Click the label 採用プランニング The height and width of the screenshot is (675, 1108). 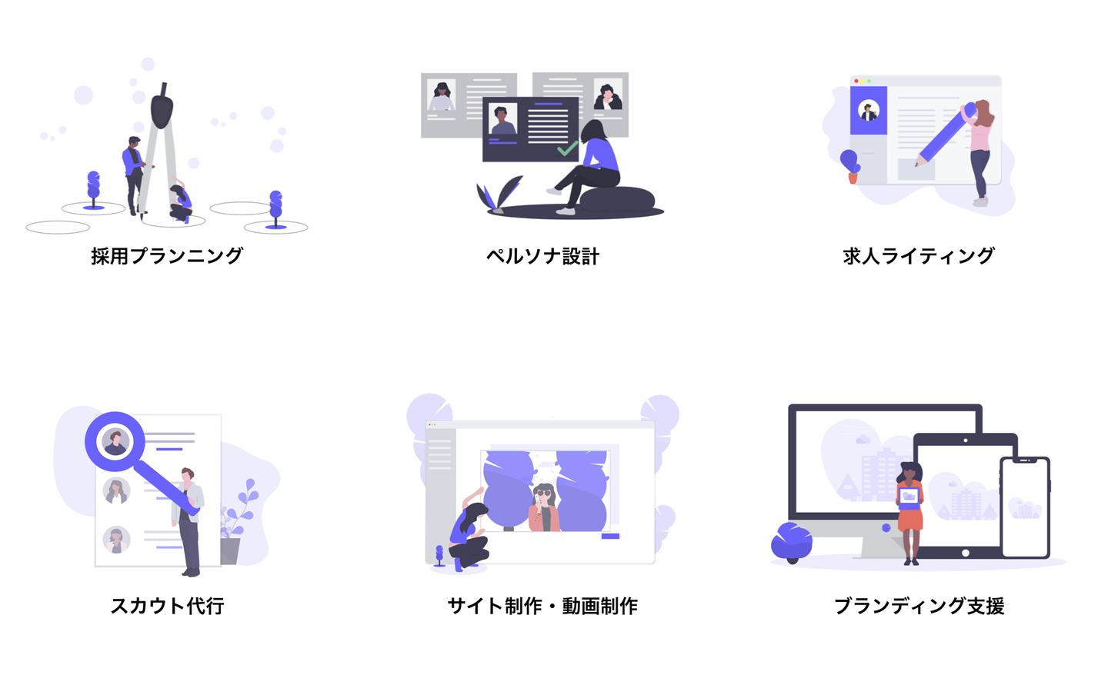(167, 255)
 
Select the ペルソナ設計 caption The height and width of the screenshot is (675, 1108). (542, 256)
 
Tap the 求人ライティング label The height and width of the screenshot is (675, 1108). (919, 255)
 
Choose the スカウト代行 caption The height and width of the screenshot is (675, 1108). (168, 606)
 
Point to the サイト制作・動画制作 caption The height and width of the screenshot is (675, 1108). (542, 606)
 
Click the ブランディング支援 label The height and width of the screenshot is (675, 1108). (919, 606)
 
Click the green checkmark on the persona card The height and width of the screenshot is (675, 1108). (567, 148)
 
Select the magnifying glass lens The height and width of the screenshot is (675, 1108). (115, 441)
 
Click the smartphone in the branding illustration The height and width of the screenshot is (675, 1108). (1025, 507)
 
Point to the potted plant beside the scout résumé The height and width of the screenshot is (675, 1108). (234, 523)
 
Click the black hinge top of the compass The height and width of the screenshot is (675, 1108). (162, 108)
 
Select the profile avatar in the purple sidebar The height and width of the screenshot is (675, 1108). (869, 111)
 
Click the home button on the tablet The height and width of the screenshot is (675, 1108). (965, 553)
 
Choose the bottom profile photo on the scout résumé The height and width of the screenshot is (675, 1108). (116, 540)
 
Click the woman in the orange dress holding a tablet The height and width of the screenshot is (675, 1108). (910, 511)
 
